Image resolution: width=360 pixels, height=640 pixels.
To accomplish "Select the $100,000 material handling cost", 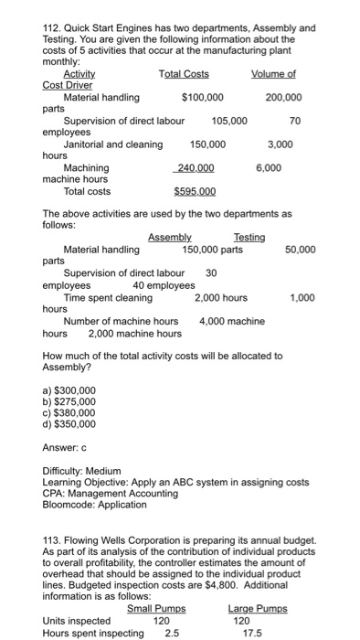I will click(203, 97).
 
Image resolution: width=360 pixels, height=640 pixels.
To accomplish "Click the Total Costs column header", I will click(184, 73).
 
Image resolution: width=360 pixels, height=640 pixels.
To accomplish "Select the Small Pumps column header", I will click(156, 609).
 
